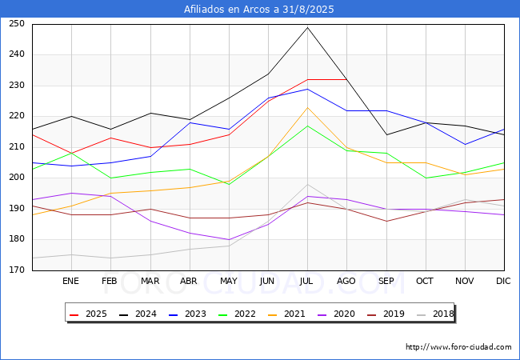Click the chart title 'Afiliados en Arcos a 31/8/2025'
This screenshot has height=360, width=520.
click(x=259, y=10)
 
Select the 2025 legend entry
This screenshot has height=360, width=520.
click(x=90, y=314)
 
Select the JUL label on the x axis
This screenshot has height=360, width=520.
click(x=307, y=282)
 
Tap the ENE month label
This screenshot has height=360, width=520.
click(x=71, y=282)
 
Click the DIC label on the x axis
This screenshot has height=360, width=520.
click(x=503, y=282)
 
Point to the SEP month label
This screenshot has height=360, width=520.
click(x=386, y=282)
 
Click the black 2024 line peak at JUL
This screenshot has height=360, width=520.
click(x=307, y=27)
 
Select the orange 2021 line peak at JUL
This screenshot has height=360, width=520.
click(x=307, y=107)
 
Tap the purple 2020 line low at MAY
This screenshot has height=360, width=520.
click(x=229, y=239)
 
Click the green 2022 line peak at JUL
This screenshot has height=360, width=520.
click(x=307, y=126)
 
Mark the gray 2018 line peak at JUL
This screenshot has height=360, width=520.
click(x=307, y=184)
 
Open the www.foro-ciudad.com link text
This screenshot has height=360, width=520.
click(x=458, y=347)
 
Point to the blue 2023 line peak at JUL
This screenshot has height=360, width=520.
click(x=307, y=89)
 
